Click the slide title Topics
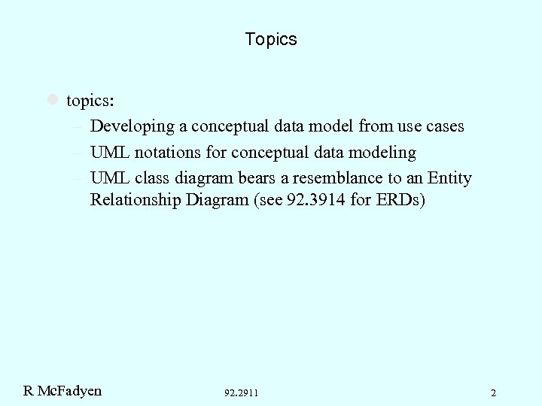point(271,39)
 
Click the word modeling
point(381,153)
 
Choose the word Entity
point(449,178)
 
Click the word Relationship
point(135,201)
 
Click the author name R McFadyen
point(62,390)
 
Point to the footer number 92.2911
point(241,392)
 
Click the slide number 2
point(493,392)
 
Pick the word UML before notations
point(109,153)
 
